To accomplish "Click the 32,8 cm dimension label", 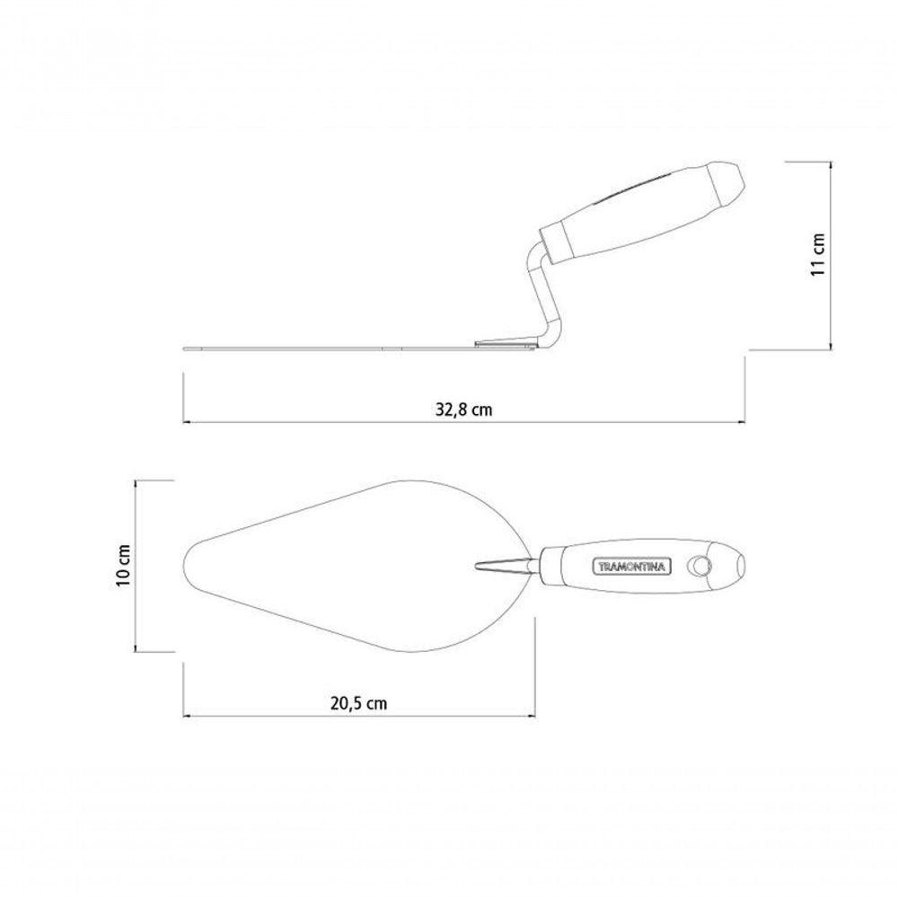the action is coord(464,409).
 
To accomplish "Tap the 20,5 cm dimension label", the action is coord(358,703).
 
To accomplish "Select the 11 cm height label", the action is coord(817,255).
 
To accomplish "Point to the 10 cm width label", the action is coord(123,565).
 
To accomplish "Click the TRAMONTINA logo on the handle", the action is coord(631,567).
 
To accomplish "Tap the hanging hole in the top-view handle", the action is coord(698,566).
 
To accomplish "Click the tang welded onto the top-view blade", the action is coord(504,566).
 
